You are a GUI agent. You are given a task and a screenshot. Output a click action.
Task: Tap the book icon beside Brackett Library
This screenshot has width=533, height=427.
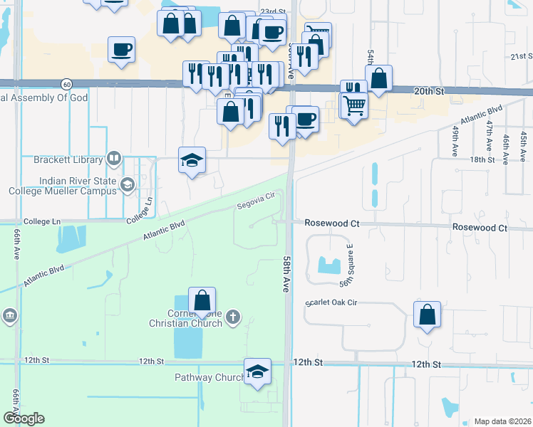tap(113, 158)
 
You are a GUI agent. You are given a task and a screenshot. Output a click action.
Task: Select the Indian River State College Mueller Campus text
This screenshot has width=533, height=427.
tap(63, 186)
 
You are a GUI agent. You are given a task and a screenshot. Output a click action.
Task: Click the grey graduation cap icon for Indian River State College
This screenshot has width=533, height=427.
tap(128, 186)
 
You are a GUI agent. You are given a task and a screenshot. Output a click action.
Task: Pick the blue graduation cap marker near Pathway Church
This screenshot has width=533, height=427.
tap(257, 372)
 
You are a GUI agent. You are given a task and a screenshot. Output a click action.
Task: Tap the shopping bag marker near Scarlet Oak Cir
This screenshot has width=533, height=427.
tap(427, 314)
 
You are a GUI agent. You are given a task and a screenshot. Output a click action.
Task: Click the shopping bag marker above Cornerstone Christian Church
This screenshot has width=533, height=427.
tap(202, 300)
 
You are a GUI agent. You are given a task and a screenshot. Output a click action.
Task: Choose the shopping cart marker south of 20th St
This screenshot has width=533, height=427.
tap(354, 107)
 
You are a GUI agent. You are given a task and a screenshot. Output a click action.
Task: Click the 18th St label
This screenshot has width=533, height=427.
tap(482, 160)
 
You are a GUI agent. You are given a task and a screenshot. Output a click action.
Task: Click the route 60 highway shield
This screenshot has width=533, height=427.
tap(66, 83)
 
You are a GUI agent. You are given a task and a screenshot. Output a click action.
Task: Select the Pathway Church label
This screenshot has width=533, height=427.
tap(209, 377)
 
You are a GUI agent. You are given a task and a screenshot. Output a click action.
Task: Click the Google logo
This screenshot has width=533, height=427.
tap(23, 418)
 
